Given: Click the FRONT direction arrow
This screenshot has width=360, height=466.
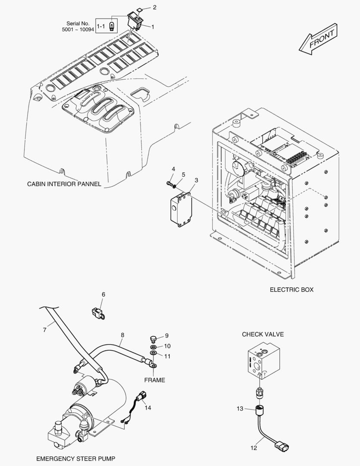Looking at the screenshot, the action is (x=318, y=39).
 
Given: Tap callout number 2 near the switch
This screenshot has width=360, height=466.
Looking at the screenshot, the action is (x=154, y=7).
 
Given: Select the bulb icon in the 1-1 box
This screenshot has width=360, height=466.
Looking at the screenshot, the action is (x=112, y=26).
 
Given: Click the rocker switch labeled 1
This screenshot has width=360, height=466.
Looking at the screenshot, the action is (x=135, y=21).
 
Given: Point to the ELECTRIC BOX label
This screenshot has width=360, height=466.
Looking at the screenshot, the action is (x=291, y=290).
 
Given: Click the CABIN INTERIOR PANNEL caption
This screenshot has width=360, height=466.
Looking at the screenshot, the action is (x=64, y=184).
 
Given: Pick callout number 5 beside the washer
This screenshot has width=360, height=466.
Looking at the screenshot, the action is (x=183, y=174).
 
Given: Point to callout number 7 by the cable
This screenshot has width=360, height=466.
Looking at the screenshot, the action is (x=44, y=330).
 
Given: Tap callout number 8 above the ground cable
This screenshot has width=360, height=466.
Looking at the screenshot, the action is (x=122, y=335).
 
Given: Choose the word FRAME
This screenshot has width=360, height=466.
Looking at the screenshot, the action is (x=154, y=380).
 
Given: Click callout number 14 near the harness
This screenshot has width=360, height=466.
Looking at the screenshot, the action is (x=147, y=408).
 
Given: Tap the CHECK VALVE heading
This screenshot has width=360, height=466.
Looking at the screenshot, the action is (x=263, y=334).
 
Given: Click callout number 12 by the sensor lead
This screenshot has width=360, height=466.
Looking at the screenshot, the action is (x=254, y=447).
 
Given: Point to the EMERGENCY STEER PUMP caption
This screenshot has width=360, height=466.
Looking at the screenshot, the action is (x=76, y=459).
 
